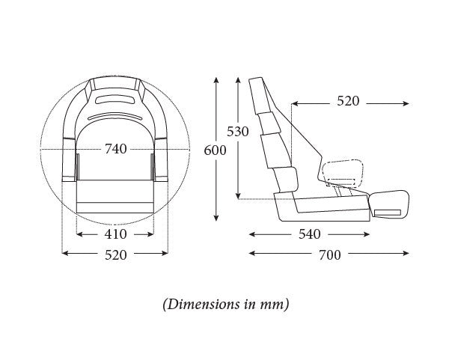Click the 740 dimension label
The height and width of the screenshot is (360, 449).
[x=116, y=149]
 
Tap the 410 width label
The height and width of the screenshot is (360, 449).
[x=115, y=234]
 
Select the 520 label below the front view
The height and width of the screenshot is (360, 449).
[x=115, y=254]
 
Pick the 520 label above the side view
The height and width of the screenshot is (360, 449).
[x=348, y=101]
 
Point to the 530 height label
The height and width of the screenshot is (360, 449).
[x=238, y=132]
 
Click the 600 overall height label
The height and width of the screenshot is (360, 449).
[x=216, y=150]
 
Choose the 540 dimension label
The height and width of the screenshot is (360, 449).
[x=309, y=234]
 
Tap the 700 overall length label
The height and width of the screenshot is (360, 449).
[x=329, y=254]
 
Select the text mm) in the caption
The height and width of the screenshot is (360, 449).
[x=275, y=305]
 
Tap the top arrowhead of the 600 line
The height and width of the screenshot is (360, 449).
[x=216, y=78]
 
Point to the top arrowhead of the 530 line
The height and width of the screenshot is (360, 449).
[x=238, y=78]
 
